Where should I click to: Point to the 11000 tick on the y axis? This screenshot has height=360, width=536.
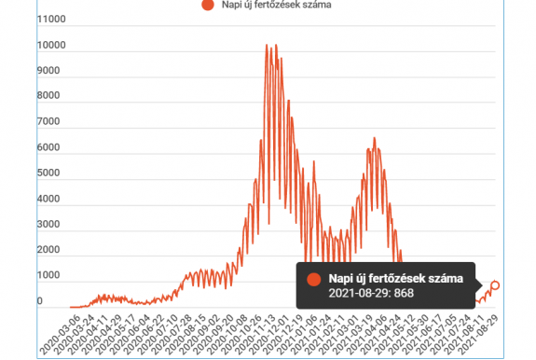click(x=52, y=19)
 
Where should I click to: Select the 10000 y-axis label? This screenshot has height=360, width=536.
click(x=52, y=45)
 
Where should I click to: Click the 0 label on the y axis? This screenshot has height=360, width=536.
click(x=40, y=301)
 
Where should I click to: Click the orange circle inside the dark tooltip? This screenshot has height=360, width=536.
click(x=314, y=278)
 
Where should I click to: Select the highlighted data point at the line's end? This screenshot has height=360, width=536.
click(x=496, y=284)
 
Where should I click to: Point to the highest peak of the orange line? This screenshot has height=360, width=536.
click(x=267, y=45)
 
